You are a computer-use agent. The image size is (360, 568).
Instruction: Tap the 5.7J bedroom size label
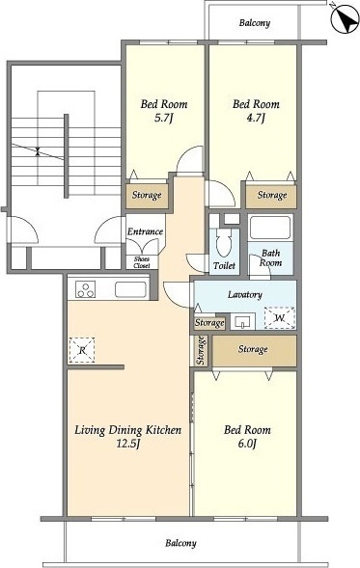162,118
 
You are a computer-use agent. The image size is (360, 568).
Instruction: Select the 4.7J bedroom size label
256,118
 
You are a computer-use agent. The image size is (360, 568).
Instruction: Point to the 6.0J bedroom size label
247,444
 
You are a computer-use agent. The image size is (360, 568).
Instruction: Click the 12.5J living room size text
128,444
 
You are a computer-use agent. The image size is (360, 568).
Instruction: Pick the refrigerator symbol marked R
82,350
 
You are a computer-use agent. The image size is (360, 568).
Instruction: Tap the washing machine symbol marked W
280,318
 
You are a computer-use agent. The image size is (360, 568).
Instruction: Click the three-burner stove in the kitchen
86,289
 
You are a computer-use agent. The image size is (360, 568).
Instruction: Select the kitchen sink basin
131,289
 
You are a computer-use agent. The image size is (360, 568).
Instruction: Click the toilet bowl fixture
224,242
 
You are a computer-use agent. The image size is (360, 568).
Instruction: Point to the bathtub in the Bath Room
270,228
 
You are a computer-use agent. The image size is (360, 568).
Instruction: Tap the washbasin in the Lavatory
241,321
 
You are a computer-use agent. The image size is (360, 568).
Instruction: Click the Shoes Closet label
141,262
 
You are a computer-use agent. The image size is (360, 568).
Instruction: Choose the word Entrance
145,231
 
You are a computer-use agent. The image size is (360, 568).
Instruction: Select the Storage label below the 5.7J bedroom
147,195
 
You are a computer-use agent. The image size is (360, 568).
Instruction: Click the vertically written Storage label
201,350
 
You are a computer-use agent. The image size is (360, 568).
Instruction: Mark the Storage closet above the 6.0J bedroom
254,351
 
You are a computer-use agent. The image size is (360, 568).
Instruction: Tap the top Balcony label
255,23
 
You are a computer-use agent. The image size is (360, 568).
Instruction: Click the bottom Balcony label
180,543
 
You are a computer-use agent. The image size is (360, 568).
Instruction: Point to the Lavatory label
245,294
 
